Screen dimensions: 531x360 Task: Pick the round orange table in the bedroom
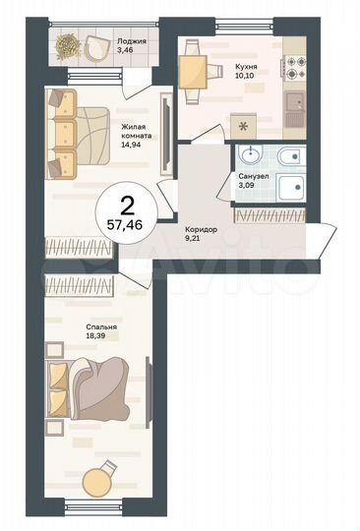point(95,482)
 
